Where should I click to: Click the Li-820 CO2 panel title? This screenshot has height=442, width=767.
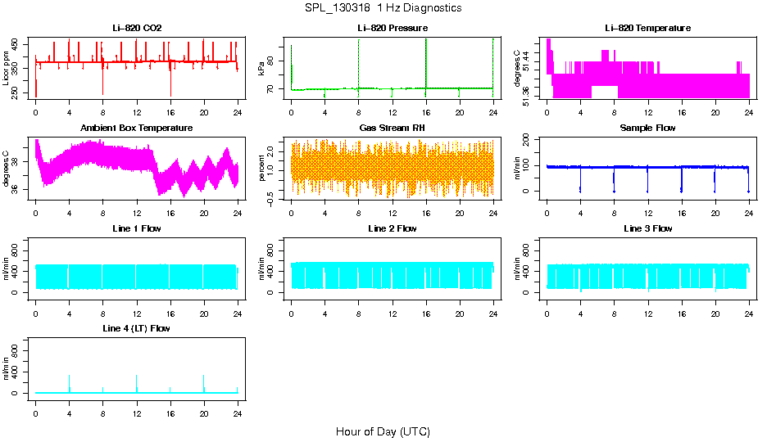pos(137,29)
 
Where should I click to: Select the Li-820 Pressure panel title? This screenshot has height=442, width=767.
pos(393,29)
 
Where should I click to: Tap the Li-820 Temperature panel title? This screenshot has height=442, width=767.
pos(647,29)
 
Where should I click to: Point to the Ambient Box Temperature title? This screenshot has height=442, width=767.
pos(137,129)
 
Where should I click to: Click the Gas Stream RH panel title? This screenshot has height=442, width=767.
pos(393,129)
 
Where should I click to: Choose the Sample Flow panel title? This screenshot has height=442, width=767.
pos(647,129)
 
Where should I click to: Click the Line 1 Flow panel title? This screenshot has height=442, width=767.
pos(137,228)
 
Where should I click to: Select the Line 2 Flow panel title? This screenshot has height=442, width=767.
pos(393,228)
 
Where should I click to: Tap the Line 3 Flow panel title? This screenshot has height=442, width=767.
pos(647,228)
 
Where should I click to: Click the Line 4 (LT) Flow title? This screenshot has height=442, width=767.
pos(137,328)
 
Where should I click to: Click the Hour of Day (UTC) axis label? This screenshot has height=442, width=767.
pos(383,431)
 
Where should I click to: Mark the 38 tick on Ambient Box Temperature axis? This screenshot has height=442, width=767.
pos(17,162)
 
